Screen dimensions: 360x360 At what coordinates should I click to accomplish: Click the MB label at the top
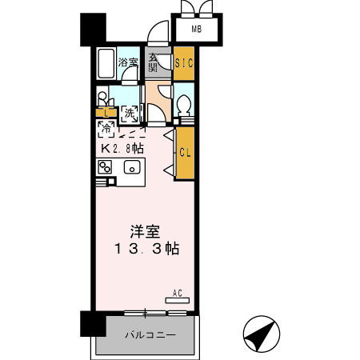(198, 31)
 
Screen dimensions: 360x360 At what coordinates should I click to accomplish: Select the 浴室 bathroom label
(127, 62)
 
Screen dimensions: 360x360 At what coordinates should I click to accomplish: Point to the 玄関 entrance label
(154, 64)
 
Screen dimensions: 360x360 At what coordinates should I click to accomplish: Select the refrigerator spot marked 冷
(105, 127)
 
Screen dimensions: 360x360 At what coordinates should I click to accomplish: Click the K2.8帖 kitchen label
(122, 148)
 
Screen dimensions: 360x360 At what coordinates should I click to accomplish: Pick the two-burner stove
(105, 167)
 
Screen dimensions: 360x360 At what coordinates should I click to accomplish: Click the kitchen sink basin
(132, 167)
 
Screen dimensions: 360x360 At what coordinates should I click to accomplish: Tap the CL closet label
(184, 152)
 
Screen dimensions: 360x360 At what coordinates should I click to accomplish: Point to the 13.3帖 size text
(146, 250)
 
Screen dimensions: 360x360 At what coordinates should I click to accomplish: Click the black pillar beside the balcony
(92, 324)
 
